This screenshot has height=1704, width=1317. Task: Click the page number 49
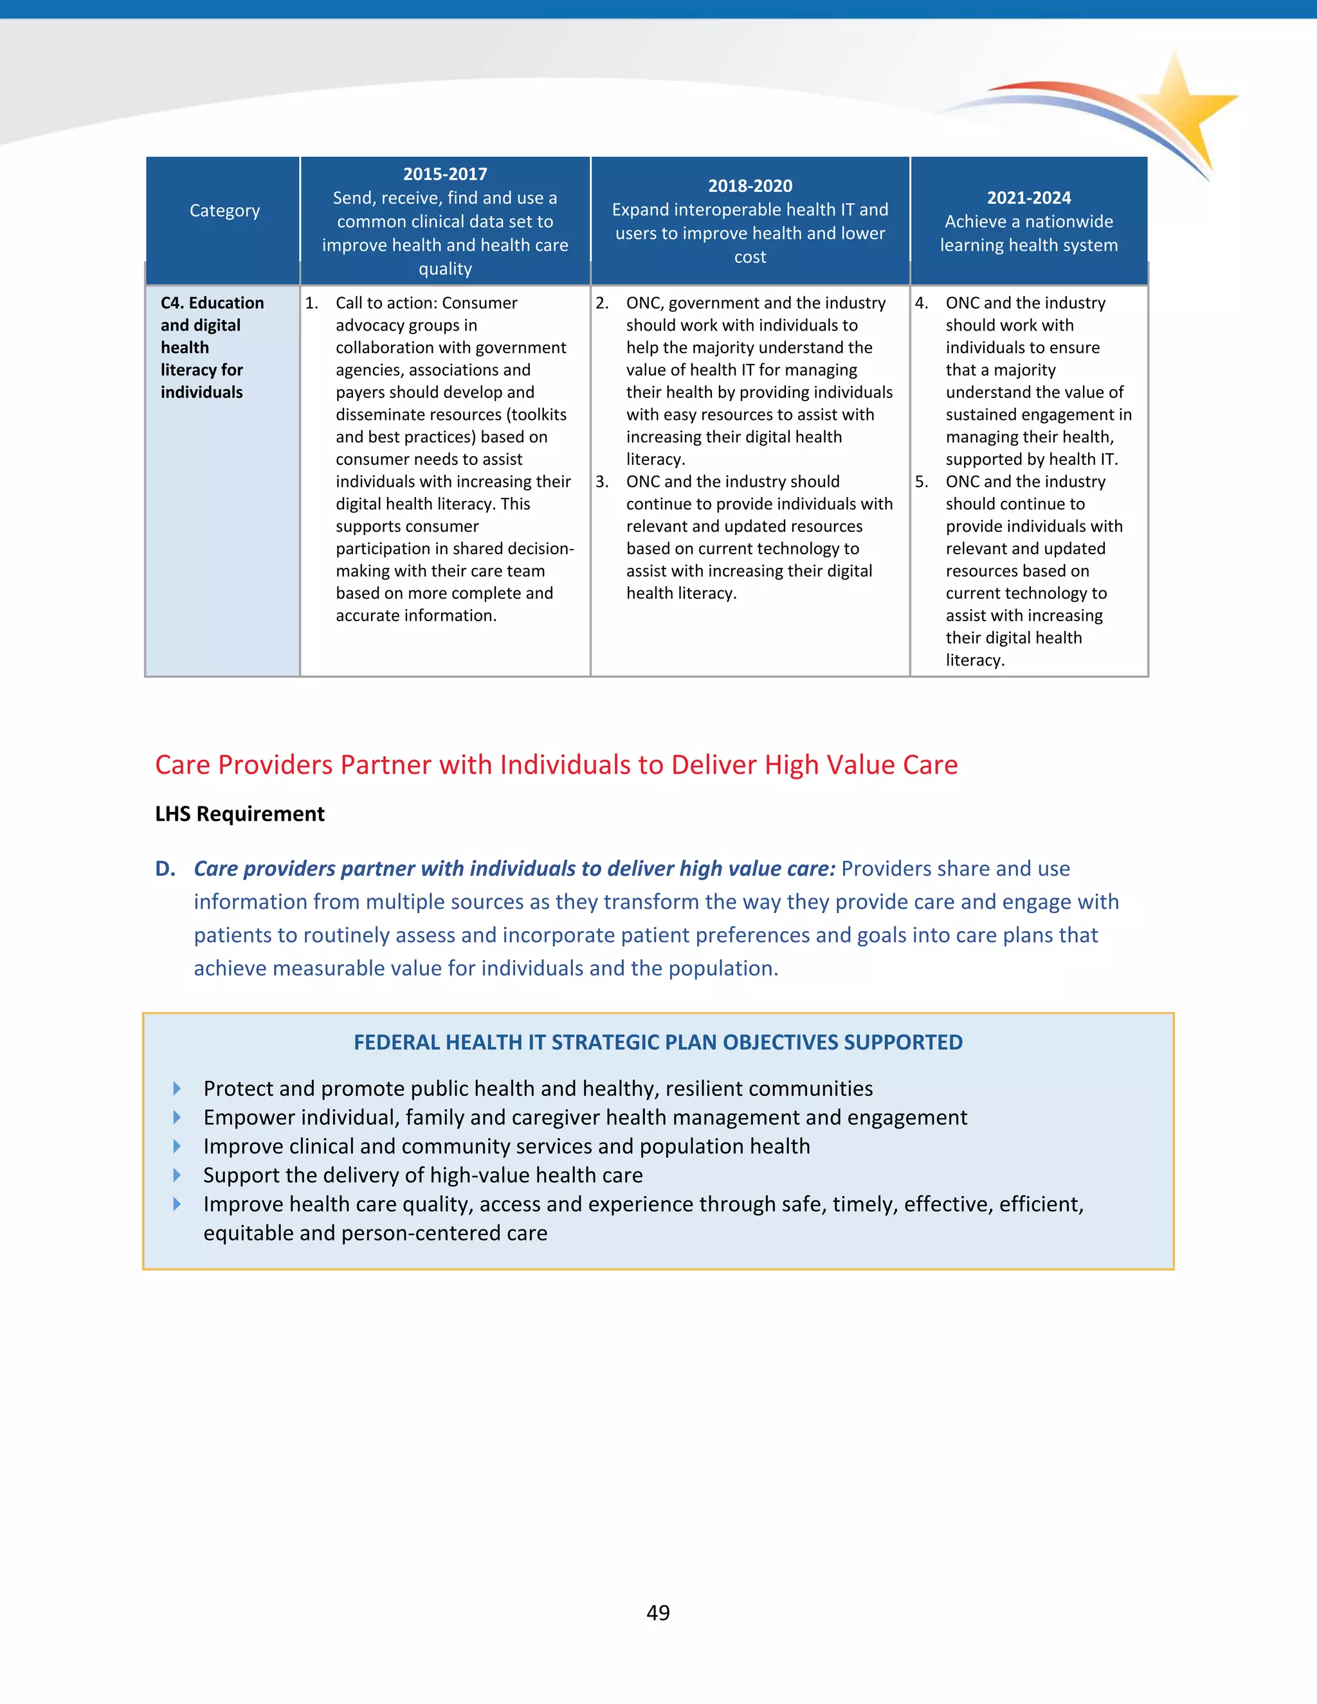(x=658, y=1613)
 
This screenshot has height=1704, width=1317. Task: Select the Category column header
(x=224, y=211)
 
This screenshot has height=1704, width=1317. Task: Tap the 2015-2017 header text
(x=445, y=174)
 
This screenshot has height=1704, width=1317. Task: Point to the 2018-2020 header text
(x=750, y=186)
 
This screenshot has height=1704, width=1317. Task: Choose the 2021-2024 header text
(x=1028, y=197)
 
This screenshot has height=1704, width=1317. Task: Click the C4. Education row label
(x=212, y=303)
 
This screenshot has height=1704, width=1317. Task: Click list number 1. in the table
(x=311, y=303)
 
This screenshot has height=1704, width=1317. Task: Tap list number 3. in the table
(x=601, y=482)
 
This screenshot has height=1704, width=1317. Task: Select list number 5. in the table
(x=922, y=482)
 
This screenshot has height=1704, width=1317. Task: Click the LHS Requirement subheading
(x=239, y=814)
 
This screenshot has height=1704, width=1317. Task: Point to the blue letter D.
(x=164, y=868)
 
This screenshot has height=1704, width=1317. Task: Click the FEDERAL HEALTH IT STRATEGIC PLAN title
(x=658, y=1042)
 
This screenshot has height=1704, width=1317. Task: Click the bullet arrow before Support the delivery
(x=177, y=1175)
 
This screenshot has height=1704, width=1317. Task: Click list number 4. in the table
(x=922, y=303)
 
